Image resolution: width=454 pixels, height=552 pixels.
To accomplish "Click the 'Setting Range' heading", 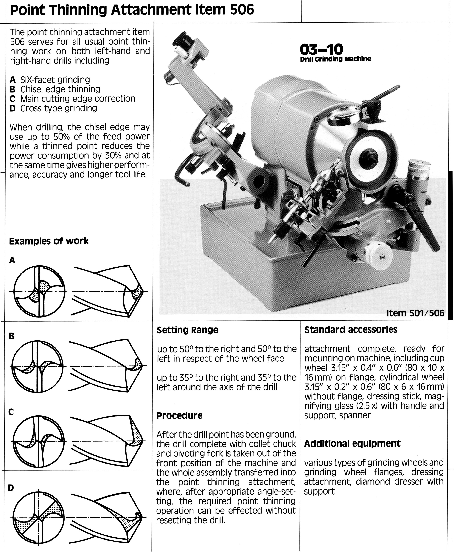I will (187, 330).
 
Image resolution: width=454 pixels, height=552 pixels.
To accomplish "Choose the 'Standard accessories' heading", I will (351, 330).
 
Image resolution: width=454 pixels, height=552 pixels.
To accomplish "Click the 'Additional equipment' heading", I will (352, 444).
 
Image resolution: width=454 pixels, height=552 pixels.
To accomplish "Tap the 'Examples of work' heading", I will (49, 241).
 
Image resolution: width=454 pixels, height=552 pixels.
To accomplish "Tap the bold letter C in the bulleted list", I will (12, 99).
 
